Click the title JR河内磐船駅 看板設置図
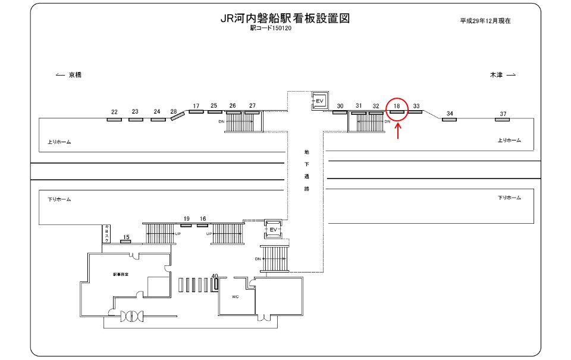click(x=285, y=18)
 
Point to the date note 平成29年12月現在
click(x=485, y=21)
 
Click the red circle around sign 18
click(x=397, y=108)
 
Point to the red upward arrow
click(x=397, y=130)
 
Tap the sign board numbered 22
click(x=114, y=120)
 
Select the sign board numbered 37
click(x=503, y=120)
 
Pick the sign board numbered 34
click(x=450, y=120)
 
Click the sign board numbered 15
click(x=126, y=242)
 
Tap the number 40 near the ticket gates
click(x=215, y=276)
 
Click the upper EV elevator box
click(x=319, y=101)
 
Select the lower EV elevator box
click(x=274, y=228)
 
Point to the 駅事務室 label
click(x=121, y=275)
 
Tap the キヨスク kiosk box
click(x=107, y=234)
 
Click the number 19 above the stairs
click(x=186, y=219)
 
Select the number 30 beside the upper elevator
click(x=340, y=106)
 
